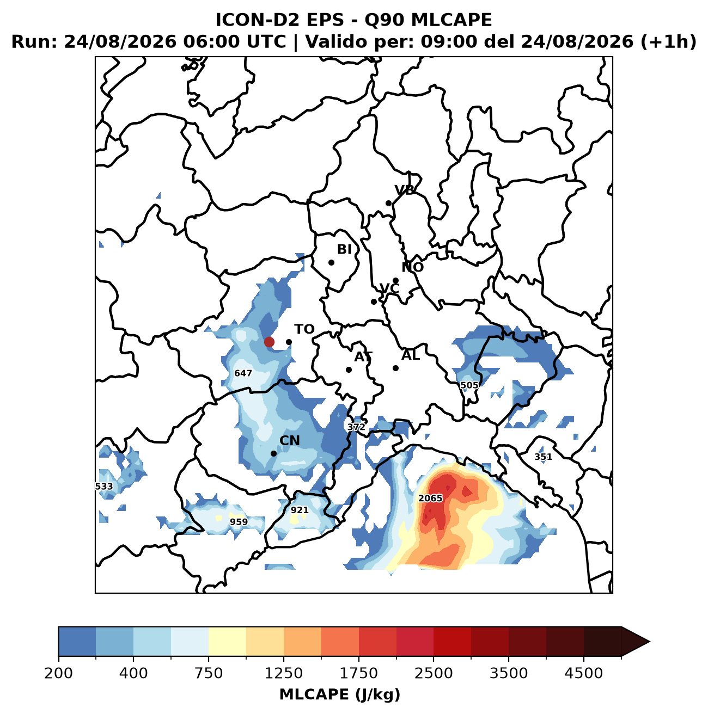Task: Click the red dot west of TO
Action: point(269,342)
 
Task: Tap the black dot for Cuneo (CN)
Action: point(274,453)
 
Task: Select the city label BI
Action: point(344,249)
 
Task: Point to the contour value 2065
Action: point(430,498)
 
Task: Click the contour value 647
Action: point(243,373)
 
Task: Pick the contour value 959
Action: point(239,522)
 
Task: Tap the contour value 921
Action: point(300,510)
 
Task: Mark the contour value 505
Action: point(469,385)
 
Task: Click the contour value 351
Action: point(544,457)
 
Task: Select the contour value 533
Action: point(104,487)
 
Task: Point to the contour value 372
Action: point(356,427)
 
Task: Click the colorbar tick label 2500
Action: point(434,673)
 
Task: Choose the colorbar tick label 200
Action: point(59,673)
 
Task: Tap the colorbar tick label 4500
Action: point(584,673)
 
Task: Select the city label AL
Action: point(411,355)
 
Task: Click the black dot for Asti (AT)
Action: point(349,370)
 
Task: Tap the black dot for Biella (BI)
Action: point(332,263)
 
